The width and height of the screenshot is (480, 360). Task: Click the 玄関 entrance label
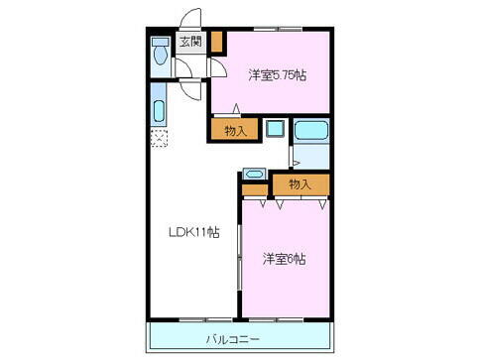pyautogui.click(x=189, y=42)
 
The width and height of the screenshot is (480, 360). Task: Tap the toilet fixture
pyautogui.click(x=160, y=53)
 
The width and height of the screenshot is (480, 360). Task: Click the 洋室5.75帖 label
pyautogui.click(x=276, y=73)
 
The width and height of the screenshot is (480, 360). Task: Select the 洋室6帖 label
pyautogui.click(x=285, y=260)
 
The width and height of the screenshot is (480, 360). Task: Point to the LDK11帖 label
pyautogui.click(x=192, y=233)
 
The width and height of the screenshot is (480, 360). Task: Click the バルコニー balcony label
pyautogui.click(x=234, y=339)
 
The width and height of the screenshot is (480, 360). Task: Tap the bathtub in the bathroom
pyautogui.click(x=310, y=130)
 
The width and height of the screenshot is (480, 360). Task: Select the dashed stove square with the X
pyautogui.click(x=159, y=139)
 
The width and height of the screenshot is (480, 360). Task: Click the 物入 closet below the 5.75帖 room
pyautogui.click(x=235, y=129)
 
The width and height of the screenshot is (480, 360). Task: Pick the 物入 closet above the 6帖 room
pyautogui.click(x=300, y=184)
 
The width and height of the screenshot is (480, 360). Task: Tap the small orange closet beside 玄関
pyautogui.click(x=217, y=44)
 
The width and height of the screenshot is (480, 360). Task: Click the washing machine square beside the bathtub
pyautogui.click(x=275, y=130)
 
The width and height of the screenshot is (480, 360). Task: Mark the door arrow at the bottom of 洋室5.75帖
pyautogui.click(x=237, y=106)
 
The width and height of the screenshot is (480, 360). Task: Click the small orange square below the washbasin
pyautogui.click(x=254, y=188)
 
